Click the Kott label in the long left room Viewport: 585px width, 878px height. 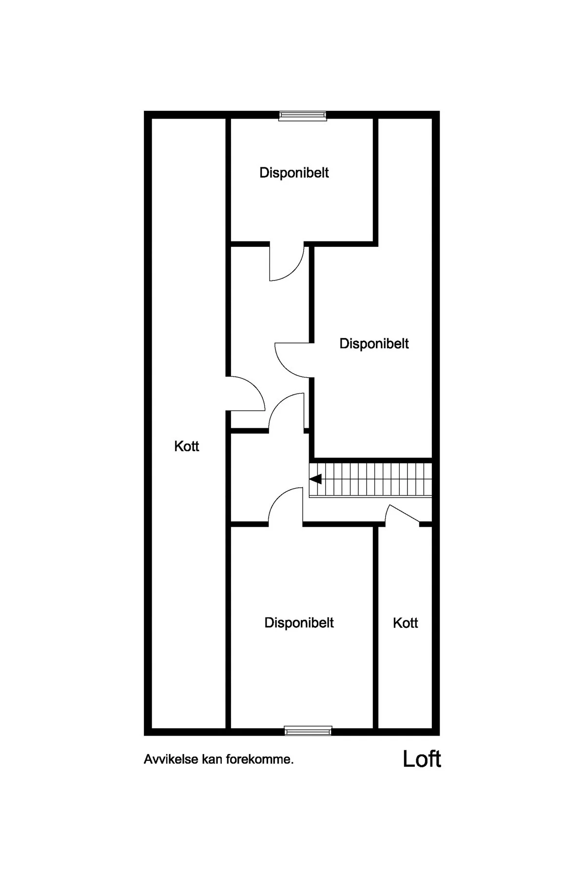tap(187, 446)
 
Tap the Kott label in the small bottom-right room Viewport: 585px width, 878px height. tap(406, 623)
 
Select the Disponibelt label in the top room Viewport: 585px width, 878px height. tap(294, 173)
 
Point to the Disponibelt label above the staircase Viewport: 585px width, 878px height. tap(374, 343)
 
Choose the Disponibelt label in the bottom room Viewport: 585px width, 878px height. tap(299, 623)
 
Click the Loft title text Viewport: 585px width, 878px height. tap(422, 759)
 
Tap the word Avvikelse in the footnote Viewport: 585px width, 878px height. tap(171, 759)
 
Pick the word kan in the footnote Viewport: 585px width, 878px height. tap(212, 759)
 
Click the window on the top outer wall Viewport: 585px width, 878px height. tap(302, 115)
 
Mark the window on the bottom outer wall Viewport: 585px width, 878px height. tap(308, 731)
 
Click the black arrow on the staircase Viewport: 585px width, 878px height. tap(316, 479)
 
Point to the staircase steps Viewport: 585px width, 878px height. tap(370, 479)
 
